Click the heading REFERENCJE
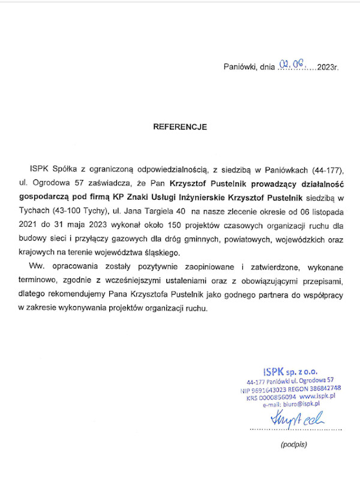coord(180,127)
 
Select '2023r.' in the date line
coord(328,67)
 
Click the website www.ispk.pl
coord(317,397)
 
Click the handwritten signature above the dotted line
coord(296,417)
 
